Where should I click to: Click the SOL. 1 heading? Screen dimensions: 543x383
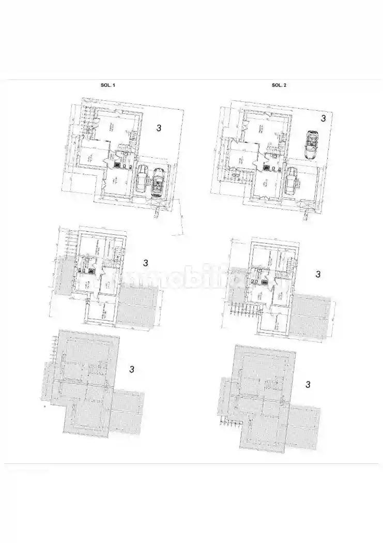(x=108, y=85)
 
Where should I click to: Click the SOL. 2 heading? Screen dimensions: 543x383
(x=279, y=85)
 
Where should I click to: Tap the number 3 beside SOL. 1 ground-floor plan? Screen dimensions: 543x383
(x=159, y=128)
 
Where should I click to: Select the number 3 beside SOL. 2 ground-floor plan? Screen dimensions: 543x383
(x=323, y=118)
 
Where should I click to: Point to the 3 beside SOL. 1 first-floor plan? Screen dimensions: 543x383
(x=146, y=263)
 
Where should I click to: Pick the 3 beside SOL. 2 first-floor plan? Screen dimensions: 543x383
(x=318, y=274)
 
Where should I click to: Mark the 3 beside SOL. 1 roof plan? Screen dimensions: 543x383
(x=132, y=369)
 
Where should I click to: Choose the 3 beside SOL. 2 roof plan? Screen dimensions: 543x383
(x=308, y=384)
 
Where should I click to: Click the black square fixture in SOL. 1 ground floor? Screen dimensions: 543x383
(x=118, y=165)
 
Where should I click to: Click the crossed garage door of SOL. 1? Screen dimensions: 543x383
(x=159, y=204)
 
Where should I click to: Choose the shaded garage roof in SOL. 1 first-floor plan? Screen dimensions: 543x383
(x=137, y=308)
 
